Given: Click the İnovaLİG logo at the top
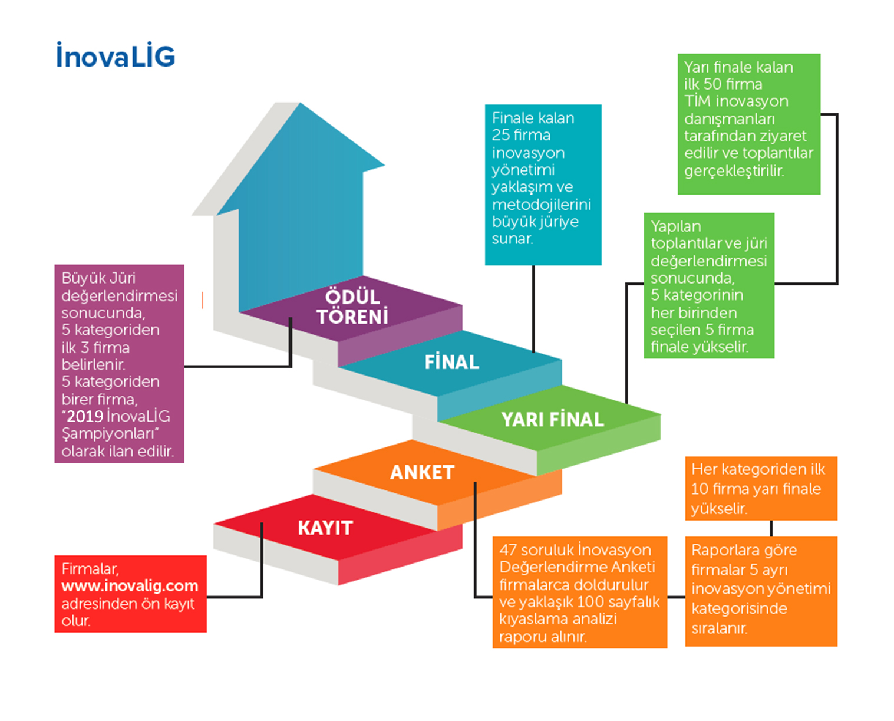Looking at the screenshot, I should coord(116,56).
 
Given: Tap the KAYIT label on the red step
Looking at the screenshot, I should coord(325,528).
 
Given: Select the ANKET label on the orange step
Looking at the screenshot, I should coord(422,472).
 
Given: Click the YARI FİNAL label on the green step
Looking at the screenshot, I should coord(552,419).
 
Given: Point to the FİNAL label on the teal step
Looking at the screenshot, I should coord(451,362).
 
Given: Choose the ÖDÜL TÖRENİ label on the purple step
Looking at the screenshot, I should coord(352,307).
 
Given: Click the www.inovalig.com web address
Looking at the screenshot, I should coord(130,586).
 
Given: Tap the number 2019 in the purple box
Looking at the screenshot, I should coord(85,417).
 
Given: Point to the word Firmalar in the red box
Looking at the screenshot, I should coord(90,569).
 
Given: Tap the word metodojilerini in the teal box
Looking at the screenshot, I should coord(541,205).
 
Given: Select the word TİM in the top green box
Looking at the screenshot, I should coord(698,101).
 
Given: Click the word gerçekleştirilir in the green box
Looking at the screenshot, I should coord(734,171).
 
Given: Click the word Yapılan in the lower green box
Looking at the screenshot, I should coord(675,226).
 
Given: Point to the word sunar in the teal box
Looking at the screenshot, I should coord(512,239).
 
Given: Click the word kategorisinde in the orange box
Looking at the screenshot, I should coord(739,608).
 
